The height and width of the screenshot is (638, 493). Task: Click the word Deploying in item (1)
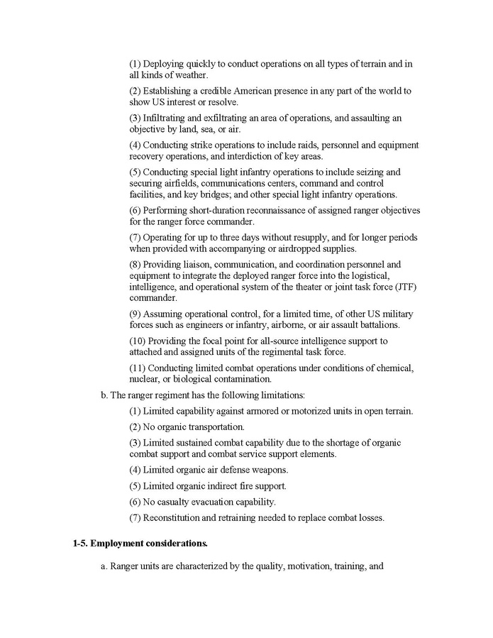(165, 64)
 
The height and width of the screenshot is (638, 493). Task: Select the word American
(257, 91)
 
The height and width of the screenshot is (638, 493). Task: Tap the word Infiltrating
(170, 118)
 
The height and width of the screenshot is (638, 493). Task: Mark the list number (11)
(138, 368)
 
